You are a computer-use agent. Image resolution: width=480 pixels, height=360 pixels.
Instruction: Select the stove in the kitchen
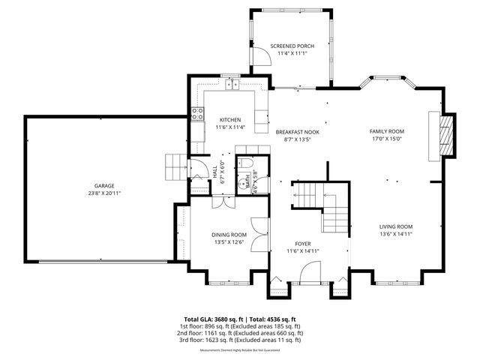coord(198,115)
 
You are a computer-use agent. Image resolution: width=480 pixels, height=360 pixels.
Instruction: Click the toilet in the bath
coord(247,164)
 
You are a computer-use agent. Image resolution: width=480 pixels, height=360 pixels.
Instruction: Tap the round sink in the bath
coord(241,183)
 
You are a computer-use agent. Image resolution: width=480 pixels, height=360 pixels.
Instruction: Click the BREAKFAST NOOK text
coord(297,131)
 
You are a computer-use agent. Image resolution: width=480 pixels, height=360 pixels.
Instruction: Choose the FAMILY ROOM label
coord(386,130)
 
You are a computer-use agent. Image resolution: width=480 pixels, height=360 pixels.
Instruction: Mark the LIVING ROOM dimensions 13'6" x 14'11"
coord(395,234)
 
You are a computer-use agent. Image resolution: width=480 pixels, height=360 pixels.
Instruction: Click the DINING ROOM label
coord(227,234)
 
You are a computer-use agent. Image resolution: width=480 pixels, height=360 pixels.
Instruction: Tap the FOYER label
coord(302,243)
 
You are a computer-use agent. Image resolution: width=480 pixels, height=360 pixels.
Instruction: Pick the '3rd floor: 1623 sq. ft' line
coord(240,340)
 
